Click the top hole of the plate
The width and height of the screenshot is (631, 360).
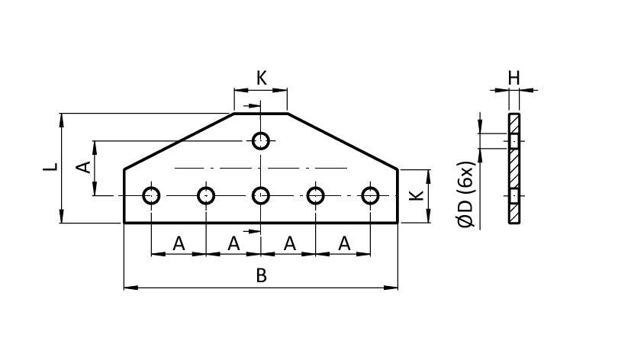[x=261, y=140]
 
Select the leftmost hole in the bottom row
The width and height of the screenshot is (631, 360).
[x=151, y=195]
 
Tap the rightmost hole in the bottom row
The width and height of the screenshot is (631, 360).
[x=371, y=195]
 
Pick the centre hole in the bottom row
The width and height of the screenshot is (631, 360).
[x=261, y=195]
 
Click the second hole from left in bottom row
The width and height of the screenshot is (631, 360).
[x=206, y=195]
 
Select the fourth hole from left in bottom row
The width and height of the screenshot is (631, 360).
[x=316, y=195]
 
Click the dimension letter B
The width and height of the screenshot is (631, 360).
[x=261, y=275]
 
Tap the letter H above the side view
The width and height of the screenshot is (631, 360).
[x=513, y=78]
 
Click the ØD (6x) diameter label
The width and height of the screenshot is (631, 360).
[x=467, y=194]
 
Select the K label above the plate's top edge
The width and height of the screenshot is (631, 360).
[x=261, y=78]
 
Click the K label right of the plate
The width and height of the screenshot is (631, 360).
[x=416, y=195]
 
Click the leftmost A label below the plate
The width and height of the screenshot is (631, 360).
[x=179, y=243]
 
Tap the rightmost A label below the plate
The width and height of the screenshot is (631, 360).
[x=343, y=243]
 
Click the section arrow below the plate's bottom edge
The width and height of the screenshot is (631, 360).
[x=248, y=230]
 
